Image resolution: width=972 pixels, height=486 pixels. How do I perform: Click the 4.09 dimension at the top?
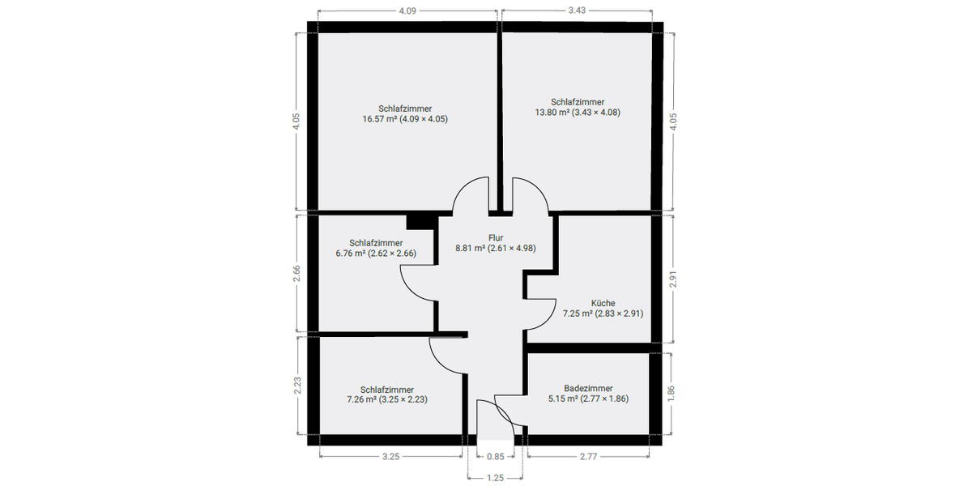407,11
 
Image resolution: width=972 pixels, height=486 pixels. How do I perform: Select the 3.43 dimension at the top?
577,11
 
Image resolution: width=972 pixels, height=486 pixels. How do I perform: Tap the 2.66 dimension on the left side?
296,273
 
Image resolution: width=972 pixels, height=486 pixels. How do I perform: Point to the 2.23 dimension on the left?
296,386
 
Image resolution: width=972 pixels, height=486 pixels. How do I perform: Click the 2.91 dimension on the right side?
673,279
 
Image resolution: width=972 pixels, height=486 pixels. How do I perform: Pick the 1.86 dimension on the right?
673,393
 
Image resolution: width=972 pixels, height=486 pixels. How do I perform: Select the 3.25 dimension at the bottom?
390,457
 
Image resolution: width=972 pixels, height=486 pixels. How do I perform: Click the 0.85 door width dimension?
495,457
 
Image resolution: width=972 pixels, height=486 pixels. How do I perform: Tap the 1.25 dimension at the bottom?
495,478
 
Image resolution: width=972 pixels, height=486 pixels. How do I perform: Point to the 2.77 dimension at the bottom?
588,457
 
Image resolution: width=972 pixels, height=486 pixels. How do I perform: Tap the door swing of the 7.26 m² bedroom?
446,356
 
